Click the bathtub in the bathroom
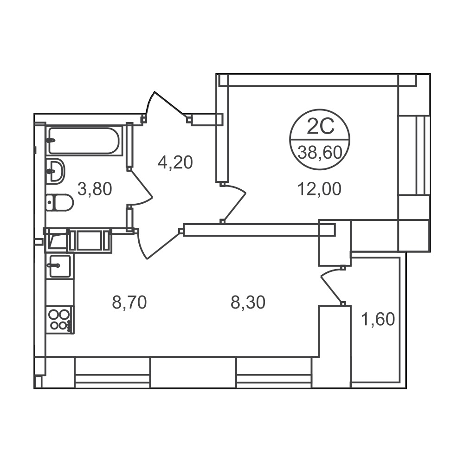pyautogui.click(x=84, y=141)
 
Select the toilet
pyautogui.click(x=59, y=202)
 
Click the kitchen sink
pyautogui.click(x=59, y=266)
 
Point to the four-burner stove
pyautogui.click(x=60, y=320)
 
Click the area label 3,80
pyautogui.click(x=95, y=189)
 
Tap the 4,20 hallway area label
pyautogui.click(x=175, y=162)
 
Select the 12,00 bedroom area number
pyautogui.click(x=320, y=189)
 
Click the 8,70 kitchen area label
pyautogui.click(x=129, y=303)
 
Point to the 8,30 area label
pyautogui.click(x=248, y=303)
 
